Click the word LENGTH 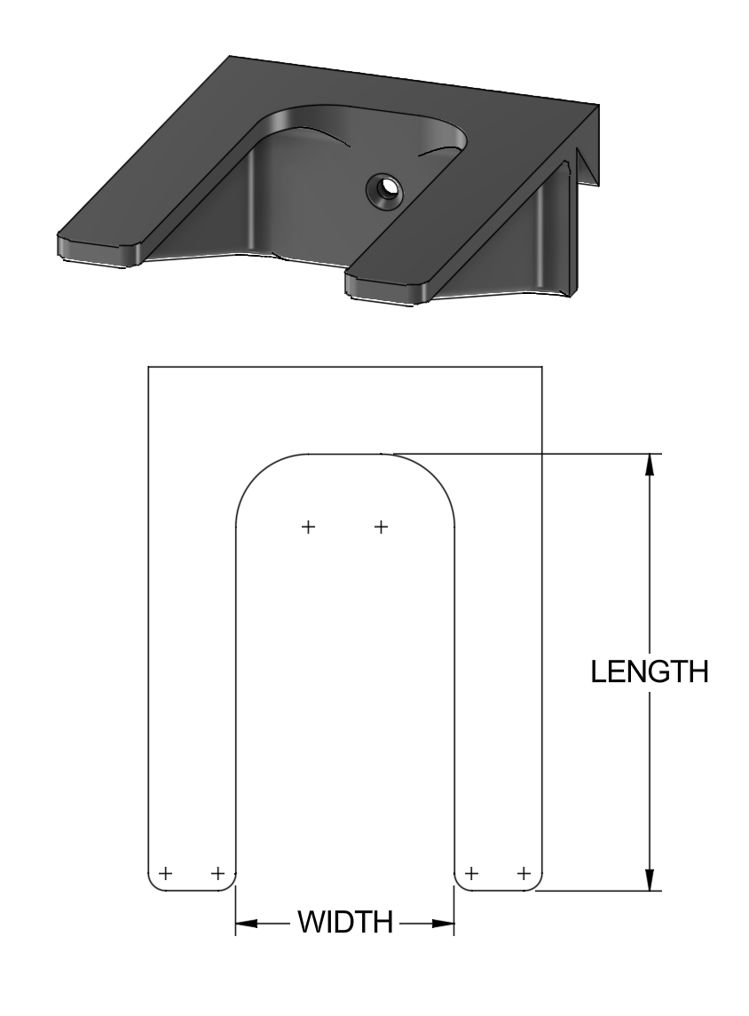(650, 671)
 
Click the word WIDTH (345, 923)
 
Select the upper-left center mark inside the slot (308, 527)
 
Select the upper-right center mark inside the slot (381, 527)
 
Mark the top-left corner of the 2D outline (147, 366)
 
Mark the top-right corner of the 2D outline (542, 366)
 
